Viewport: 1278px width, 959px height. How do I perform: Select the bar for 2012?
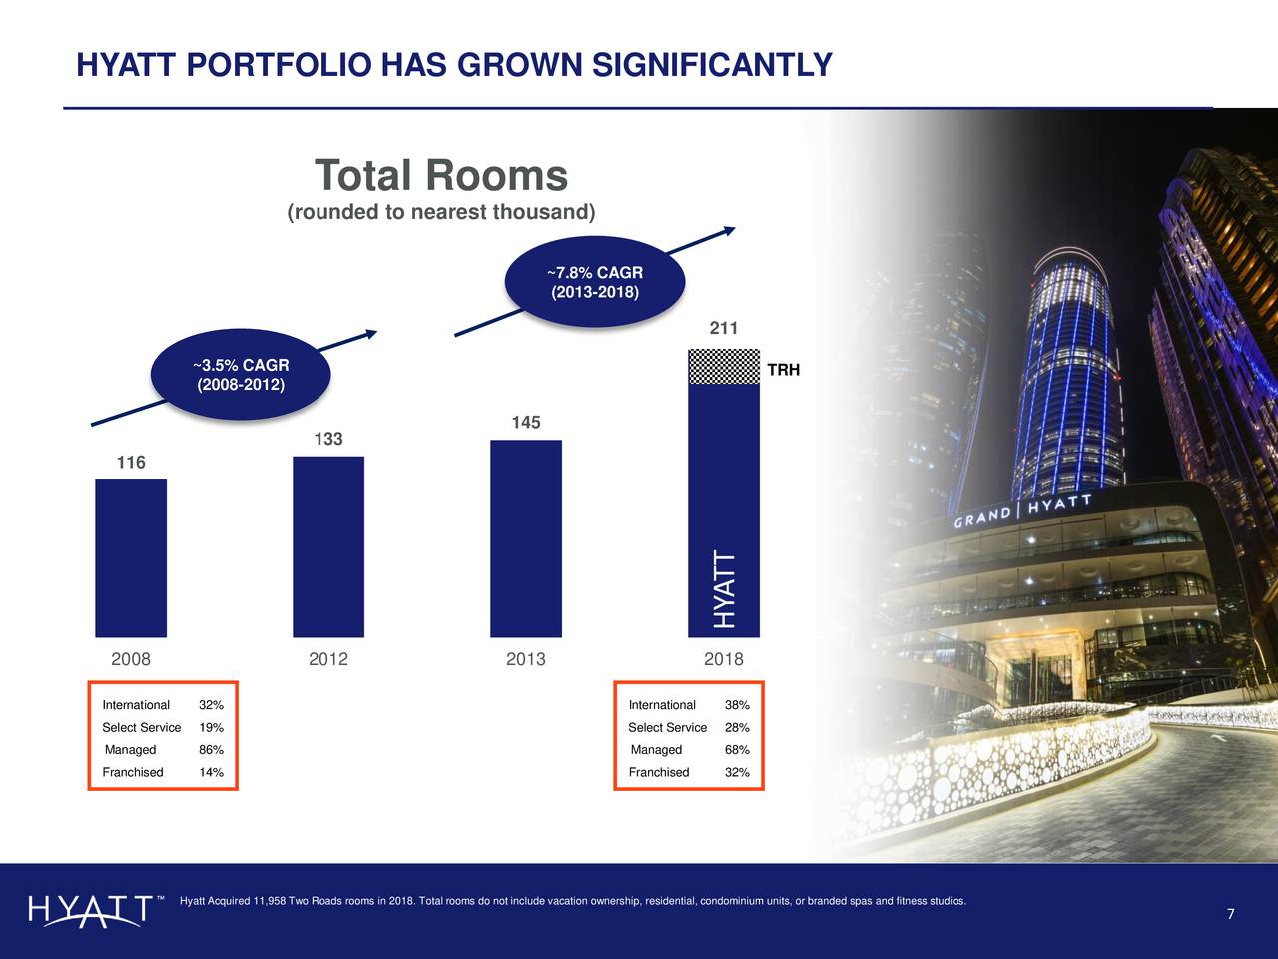[x=328, y=546]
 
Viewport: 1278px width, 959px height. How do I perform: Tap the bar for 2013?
[x=526, y=538]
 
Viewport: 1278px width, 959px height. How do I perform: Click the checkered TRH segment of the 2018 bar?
[x=724, y=366]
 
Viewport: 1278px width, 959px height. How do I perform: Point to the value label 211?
[x=724, y=328]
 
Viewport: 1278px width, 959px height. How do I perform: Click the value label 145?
[x=526, y=423]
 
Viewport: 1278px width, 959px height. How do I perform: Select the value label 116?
[x=131, y=463]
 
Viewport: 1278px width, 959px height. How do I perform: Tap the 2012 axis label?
[x=328, y=660]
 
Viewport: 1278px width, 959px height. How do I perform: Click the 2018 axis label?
[x=724, y=660]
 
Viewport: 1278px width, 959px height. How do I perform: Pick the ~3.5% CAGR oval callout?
[x=240, y=375]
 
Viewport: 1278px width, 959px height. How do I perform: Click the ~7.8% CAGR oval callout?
[x=595, y=282]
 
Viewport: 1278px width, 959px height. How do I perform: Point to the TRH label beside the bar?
[x=784, y=371]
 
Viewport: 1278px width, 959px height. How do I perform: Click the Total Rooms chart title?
[x=441, y=176]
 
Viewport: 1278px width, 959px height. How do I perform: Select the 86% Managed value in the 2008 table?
[x=211, y=750]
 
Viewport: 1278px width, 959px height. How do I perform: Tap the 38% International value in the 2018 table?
[x=737, y=705]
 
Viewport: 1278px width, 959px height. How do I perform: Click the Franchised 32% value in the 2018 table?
[x=737, y=772]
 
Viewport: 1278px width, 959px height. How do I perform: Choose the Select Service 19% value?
[x=211, y=728]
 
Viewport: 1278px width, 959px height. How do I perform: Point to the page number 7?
[x=1231, y=915]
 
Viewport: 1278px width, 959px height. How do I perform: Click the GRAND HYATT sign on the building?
[x=1021, y=511]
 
